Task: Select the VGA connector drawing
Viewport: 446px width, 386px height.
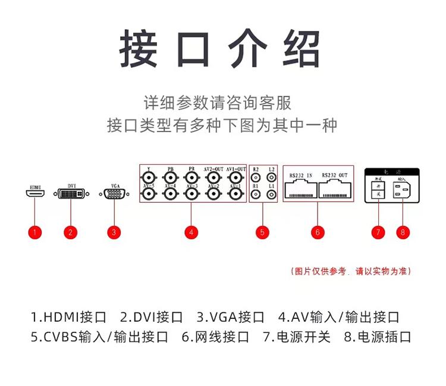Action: click(x=114, y=194)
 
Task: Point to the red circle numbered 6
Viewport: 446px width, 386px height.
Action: click(x=318, y=232)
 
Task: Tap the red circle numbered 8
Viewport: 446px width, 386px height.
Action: click(x=403, y=232)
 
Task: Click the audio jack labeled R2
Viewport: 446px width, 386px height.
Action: click(x=256, y=178)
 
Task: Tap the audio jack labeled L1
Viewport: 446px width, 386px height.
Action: click(x=271, y=194)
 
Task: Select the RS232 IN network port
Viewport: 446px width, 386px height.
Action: click(x=301, y=189)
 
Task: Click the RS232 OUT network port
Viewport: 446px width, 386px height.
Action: click(x=335, y=189)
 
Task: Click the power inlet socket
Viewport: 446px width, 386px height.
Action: click(x=403, y=190)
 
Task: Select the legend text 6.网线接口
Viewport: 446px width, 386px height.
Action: click(x=215, y=337)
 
